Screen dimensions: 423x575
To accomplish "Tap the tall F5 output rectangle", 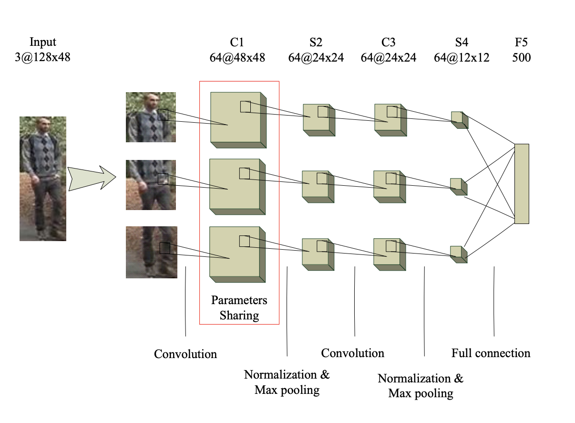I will (x=522, y=183).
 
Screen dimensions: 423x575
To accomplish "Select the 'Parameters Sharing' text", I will (x=239, y=308).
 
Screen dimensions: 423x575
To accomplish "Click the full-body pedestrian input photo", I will (x=43, y=179).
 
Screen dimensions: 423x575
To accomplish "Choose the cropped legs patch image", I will (x=151, y=252).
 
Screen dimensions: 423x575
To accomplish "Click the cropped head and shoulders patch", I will (x=151, y=117).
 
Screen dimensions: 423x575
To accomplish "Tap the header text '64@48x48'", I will (x=237, y=58).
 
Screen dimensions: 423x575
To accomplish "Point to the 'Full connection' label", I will (x=491, y=353).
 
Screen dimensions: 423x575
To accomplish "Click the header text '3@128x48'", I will (x=42, y=58).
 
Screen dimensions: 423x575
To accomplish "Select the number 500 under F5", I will (x=522, y=58).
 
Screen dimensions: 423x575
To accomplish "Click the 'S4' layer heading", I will (x=461, y=42).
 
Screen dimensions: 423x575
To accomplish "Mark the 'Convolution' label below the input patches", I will (x=185, y=354).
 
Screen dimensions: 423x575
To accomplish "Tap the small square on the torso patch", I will (x=163, y=179).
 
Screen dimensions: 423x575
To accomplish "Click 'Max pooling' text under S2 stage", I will (x=287, y=390).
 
